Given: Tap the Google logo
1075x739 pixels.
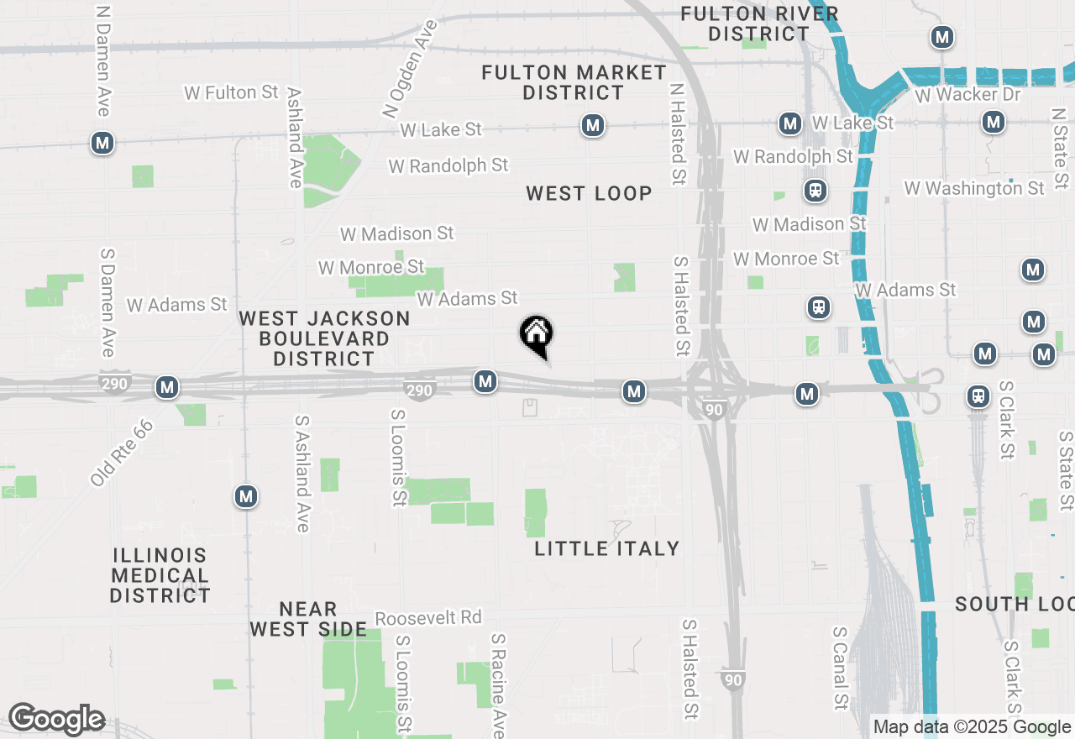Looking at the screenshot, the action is (x=56, y=720).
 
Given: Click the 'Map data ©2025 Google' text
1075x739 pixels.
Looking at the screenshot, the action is (x=972, y=727).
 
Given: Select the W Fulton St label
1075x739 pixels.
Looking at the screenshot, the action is (x=231, y=92).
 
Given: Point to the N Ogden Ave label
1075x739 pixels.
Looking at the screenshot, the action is (x=406, y=68).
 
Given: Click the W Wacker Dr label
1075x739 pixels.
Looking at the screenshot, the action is (x=967, y=94).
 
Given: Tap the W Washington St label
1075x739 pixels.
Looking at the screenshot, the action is (x=974, y=188).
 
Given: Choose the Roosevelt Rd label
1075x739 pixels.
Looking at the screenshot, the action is (x=428, y=618).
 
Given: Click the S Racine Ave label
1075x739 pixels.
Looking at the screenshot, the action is (x=499, y=684).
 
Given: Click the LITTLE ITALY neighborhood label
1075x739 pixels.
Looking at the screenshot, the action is (x=607, y=548).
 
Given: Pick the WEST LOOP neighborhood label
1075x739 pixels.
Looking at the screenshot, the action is (x=589, y=193).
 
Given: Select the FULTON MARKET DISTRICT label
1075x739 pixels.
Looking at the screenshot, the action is (x=574, y=82).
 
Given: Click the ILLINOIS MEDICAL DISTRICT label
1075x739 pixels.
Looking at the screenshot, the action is (x=160, y=575).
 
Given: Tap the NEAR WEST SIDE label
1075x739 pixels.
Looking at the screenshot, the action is (x=307, y=619).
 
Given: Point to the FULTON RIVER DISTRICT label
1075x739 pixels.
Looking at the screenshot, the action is (x=759, y=24).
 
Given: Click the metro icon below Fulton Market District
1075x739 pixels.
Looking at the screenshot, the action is (x=593, y=126).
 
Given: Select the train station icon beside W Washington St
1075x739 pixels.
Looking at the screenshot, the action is (x=815, y=191).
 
